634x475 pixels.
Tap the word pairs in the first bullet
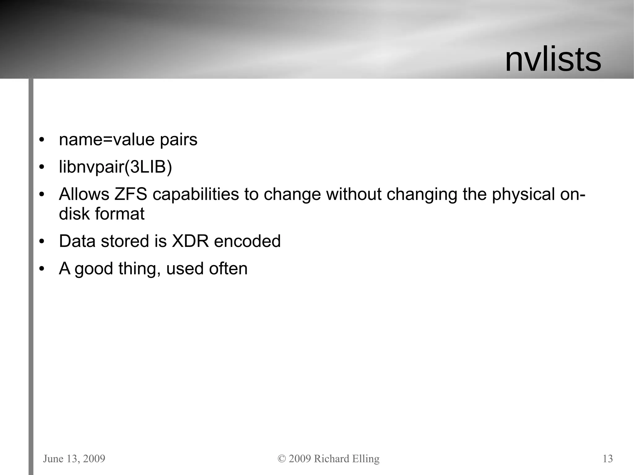coord(179,140)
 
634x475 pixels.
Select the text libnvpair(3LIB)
coord(115,167)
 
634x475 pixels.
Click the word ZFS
coord(131,194)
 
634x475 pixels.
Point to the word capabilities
coord(196,194)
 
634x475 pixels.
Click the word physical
coord(523,194)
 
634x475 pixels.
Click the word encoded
coord(247,241)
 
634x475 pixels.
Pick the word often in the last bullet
coord(228,268)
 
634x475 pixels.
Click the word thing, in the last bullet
coord(140,268)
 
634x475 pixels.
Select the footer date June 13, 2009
coord(74,459)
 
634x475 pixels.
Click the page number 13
coord(608,459)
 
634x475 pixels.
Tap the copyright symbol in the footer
coord(282,459)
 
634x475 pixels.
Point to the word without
coord(354,194)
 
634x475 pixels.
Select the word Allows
coord(84,194)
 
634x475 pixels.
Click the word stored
coord(125,241)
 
